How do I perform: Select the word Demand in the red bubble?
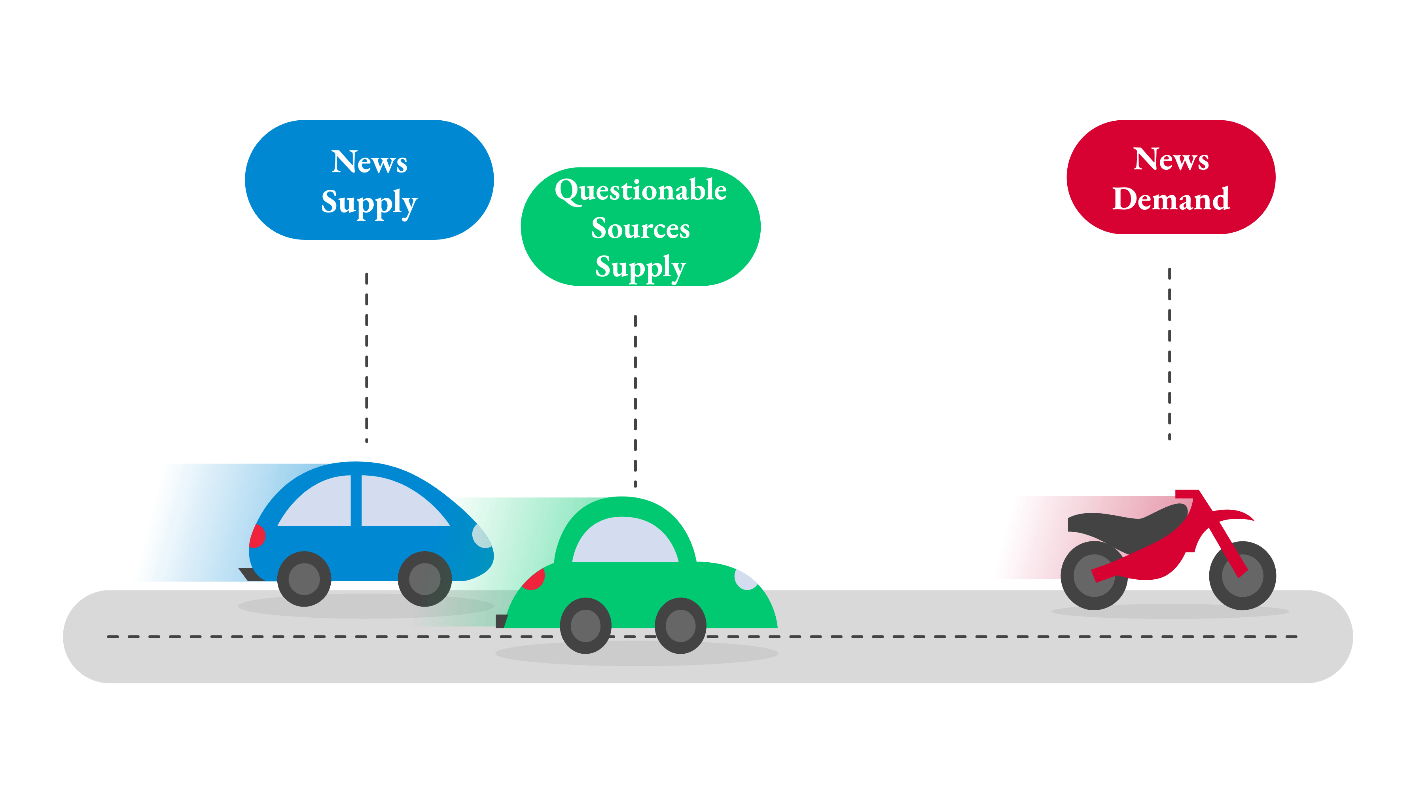1171,198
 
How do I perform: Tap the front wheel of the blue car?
424,579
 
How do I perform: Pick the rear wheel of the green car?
585,626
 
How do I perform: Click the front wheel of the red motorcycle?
1243,576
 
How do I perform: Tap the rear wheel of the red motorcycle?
1094,576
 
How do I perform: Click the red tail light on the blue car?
257,536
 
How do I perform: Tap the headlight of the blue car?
481,536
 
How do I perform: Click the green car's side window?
625,539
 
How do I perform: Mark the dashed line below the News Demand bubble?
1169,354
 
